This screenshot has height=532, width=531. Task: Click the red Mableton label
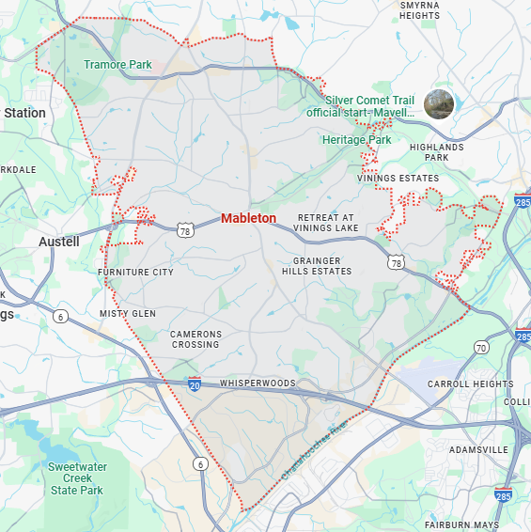click(x=248, y=218)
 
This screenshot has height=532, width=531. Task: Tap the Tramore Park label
click(x=117, y=65)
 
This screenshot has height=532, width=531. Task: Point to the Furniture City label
click(x=135, y=273)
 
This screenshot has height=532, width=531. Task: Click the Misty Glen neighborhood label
click(x=128, y=313)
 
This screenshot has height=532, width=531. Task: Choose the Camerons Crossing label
click(x=195, y=339)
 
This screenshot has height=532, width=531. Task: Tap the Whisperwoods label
click(x=257, y=383)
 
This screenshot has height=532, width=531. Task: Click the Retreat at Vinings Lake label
click(x=325, y=222)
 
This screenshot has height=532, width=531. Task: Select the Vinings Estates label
click(x=398, y=178)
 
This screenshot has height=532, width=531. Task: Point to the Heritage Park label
click(x=356, y=140)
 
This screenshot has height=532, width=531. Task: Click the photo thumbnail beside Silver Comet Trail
click(x=439, y=103)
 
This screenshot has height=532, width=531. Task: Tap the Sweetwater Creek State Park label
click(x=77, y=478)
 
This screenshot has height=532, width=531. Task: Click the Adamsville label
click(x=478, y=450)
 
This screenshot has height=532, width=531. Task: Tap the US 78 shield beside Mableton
click(x=185, y=229)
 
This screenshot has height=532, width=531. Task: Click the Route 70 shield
click(x=481, y=348)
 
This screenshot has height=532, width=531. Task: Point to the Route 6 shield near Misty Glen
click(x=61, y=317)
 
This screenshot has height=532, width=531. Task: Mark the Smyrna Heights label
click(x=419, y=10)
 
